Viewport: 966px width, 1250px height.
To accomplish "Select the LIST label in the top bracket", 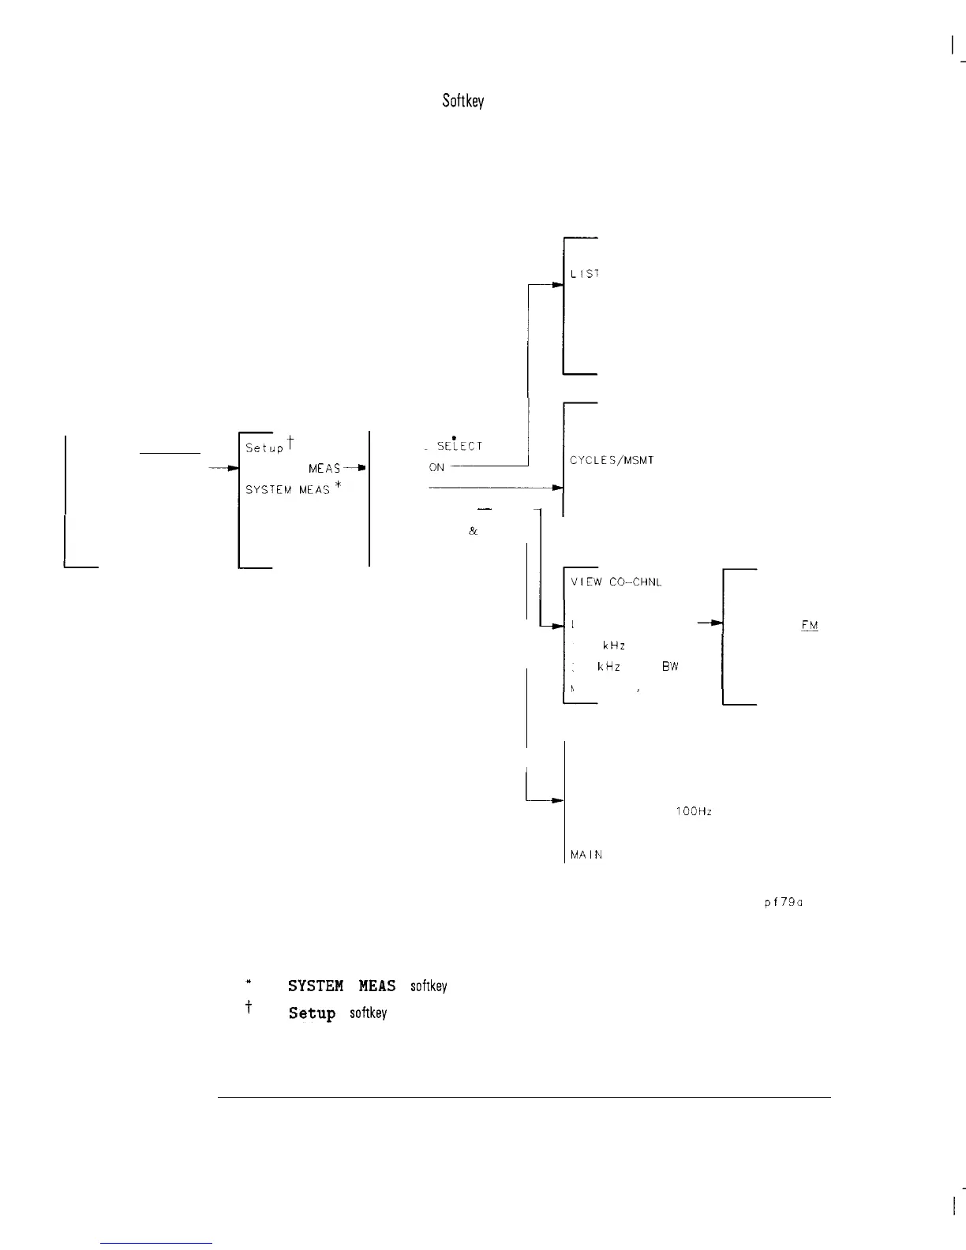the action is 585,274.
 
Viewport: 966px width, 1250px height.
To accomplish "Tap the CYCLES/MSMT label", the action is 612,460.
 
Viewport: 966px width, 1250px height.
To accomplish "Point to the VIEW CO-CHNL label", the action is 616,582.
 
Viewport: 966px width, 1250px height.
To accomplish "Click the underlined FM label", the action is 809,626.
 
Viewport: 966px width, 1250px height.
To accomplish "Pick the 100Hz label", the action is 695,812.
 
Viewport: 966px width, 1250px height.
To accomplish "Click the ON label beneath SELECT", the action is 437,467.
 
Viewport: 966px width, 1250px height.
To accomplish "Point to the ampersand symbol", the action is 473,531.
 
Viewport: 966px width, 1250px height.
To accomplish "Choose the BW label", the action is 670,666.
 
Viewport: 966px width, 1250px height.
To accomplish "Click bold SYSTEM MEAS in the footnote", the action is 342,986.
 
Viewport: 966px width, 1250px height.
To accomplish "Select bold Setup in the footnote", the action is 312,1013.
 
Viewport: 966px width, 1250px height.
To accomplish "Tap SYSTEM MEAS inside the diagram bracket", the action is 287,490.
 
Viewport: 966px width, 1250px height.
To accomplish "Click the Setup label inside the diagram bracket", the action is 264,447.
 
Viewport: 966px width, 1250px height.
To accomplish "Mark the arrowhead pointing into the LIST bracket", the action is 557,286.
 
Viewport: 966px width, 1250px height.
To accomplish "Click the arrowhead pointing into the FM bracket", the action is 717,623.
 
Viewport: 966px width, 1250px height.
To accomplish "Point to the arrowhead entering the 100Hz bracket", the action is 557,801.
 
